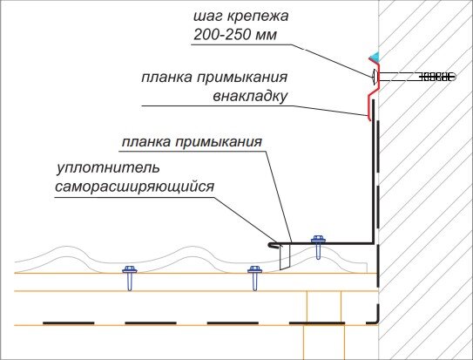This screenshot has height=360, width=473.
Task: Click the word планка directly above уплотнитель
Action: click(147, 140)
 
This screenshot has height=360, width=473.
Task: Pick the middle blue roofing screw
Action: click(254, 275)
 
